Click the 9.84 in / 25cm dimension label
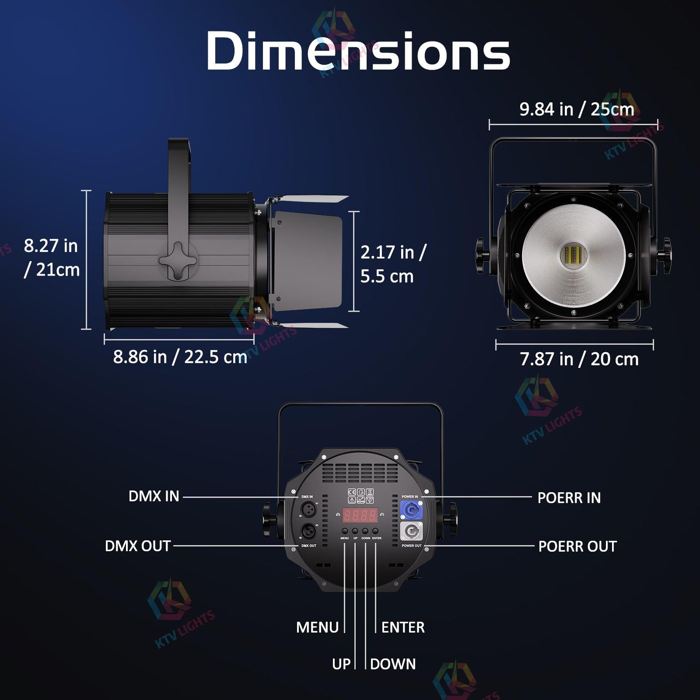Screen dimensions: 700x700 (576, 109)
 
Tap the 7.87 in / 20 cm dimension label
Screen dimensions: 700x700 (579, 359)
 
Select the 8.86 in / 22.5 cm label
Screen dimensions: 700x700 (180, 357)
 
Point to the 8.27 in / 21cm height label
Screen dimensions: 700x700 (52, 258)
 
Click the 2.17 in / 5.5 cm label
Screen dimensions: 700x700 (393, 264)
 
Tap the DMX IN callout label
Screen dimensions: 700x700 (154, 496)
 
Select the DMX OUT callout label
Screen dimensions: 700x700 (137, 546)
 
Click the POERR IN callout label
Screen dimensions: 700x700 (569, 497)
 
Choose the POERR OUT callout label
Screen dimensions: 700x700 (577, 546)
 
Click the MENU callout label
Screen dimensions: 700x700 (317, 627)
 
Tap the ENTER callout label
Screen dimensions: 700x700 (402, 627)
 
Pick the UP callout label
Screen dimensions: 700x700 (341, 664)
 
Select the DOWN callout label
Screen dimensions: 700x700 (392, 664)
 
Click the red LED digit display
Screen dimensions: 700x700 (360, 515)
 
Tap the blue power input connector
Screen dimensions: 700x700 (411, 510)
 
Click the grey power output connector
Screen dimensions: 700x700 (411, 532)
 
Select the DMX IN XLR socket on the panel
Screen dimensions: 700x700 (308, 510)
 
